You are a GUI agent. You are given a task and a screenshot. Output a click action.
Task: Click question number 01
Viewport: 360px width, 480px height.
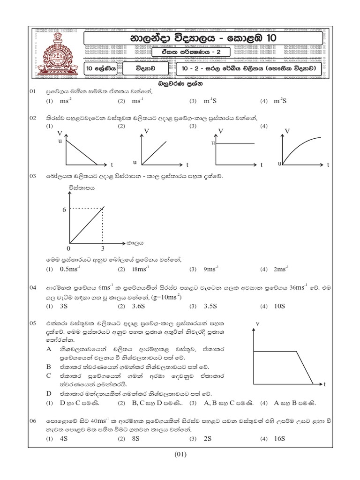pyautogui.click(x=33, y=93)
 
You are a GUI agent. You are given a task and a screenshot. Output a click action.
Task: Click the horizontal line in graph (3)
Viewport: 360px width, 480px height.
pyautogui.click(x=235, y=142)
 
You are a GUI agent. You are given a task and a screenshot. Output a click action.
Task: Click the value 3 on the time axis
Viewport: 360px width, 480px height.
pyautogui.click(x=103, y=247)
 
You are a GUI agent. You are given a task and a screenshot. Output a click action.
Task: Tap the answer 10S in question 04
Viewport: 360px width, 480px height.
pyautogui.click(x=279, y=306)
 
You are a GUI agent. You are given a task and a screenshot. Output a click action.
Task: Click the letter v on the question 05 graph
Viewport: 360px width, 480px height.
pyautogui.click(x=258, y=323)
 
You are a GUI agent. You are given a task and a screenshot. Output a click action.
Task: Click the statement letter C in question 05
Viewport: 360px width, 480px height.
pyautogui.click(x=48, y=375)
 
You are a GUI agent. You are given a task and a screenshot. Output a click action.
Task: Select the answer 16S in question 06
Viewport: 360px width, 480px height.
pyautogui.click(x=280, y=439)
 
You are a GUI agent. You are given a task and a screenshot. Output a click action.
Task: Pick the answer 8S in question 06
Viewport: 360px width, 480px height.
pyautogui.click(x=136, y=439)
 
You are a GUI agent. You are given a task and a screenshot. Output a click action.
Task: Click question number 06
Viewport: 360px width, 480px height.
pyautogui.click(x=33, y=421)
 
